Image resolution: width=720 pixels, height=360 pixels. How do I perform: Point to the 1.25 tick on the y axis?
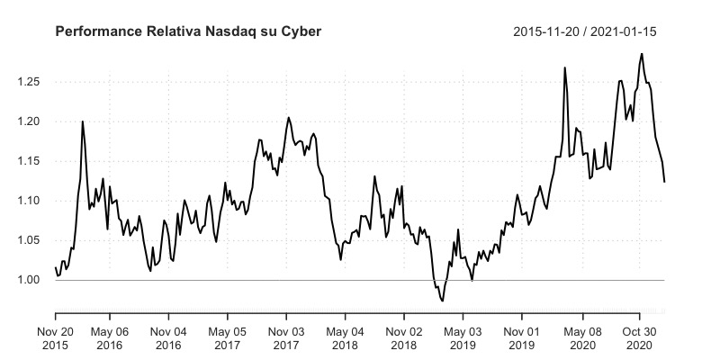(x=32, y=82)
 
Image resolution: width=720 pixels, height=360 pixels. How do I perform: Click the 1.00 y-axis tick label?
(x=32, y=280)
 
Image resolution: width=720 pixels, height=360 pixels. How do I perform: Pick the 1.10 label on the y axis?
(x=32, y=201)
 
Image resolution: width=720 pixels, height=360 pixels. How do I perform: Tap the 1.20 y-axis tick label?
(x=32, y=121)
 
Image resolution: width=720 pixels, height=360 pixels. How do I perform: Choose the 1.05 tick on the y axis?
(x=32, y=240)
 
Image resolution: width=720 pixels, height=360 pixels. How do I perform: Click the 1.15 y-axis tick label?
(x=32, y=161)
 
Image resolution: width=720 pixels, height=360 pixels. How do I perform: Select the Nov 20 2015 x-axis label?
(x=56, y=337)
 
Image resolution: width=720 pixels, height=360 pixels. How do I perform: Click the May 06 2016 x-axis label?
(x=110, y=337)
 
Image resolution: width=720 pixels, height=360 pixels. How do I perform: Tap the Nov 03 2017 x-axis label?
(x=287, y=337)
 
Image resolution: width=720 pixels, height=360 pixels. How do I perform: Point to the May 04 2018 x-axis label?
(x=346, y=337)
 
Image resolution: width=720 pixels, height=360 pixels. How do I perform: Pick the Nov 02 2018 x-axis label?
(x=404, y=337)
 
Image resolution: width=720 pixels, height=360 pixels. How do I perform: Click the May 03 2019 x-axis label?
(x=463, y=337)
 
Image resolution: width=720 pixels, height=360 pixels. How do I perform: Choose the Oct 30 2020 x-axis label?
(x=640, y=337)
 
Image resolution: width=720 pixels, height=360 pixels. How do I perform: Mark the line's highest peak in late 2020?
(x=642, y=53)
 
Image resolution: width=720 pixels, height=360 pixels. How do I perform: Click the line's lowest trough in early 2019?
(x=442, y=301)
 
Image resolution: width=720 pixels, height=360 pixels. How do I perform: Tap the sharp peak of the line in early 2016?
(x=83, y=121)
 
